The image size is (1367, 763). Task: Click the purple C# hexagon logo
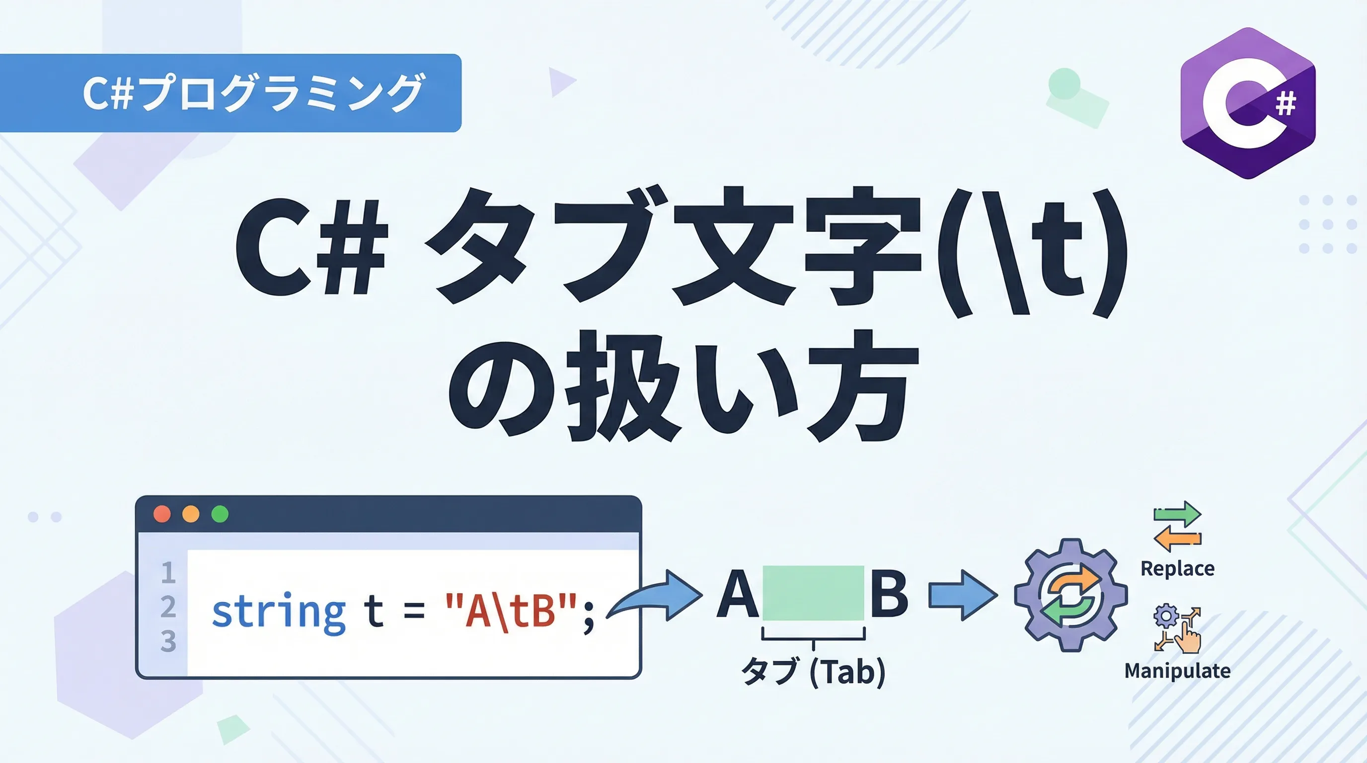pos(1248,103)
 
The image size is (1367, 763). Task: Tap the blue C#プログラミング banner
pos(230,93)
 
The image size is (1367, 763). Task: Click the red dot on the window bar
pos(162,514)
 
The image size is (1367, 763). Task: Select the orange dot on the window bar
pos(191,514)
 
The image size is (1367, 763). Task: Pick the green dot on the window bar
pos(220,514)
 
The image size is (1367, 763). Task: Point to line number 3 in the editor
pos(168,641)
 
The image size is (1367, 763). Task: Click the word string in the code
pos(279,613)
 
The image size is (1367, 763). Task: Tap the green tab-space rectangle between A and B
pos(813,593)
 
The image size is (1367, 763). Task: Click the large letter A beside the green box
pos(737,594)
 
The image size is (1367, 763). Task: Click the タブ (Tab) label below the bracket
pos(814,672)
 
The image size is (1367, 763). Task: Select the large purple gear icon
pos(1070,595)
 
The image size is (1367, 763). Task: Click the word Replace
pos(1178,569)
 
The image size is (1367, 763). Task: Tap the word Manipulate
pos(1178,671)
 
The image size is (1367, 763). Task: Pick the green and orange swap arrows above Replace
pos(1178,527)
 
